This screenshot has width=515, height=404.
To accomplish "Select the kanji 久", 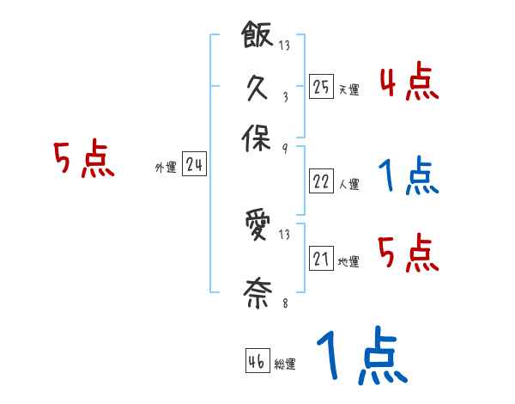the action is click(x=257, y=89).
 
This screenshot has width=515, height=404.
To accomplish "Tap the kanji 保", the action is click(x=257, y=138).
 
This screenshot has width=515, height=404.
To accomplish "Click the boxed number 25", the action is click(x=321, y=87).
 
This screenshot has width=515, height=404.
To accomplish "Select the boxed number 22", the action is click(x=321, y=181).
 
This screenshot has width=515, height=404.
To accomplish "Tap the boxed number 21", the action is click(x=321, y=259).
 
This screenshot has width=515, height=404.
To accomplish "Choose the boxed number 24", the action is click(x=194, y=164).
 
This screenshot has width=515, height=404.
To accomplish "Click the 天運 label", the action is click(x=348, y=89).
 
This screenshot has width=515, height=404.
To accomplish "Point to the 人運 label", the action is click(x=348, y=184).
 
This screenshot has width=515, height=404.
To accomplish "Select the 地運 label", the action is click(x=348, y=261).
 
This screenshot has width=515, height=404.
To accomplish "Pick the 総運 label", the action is click(x=285, y=364).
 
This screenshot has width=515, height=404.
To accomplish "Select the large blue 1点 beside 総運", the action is click(x=360, y=357).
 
